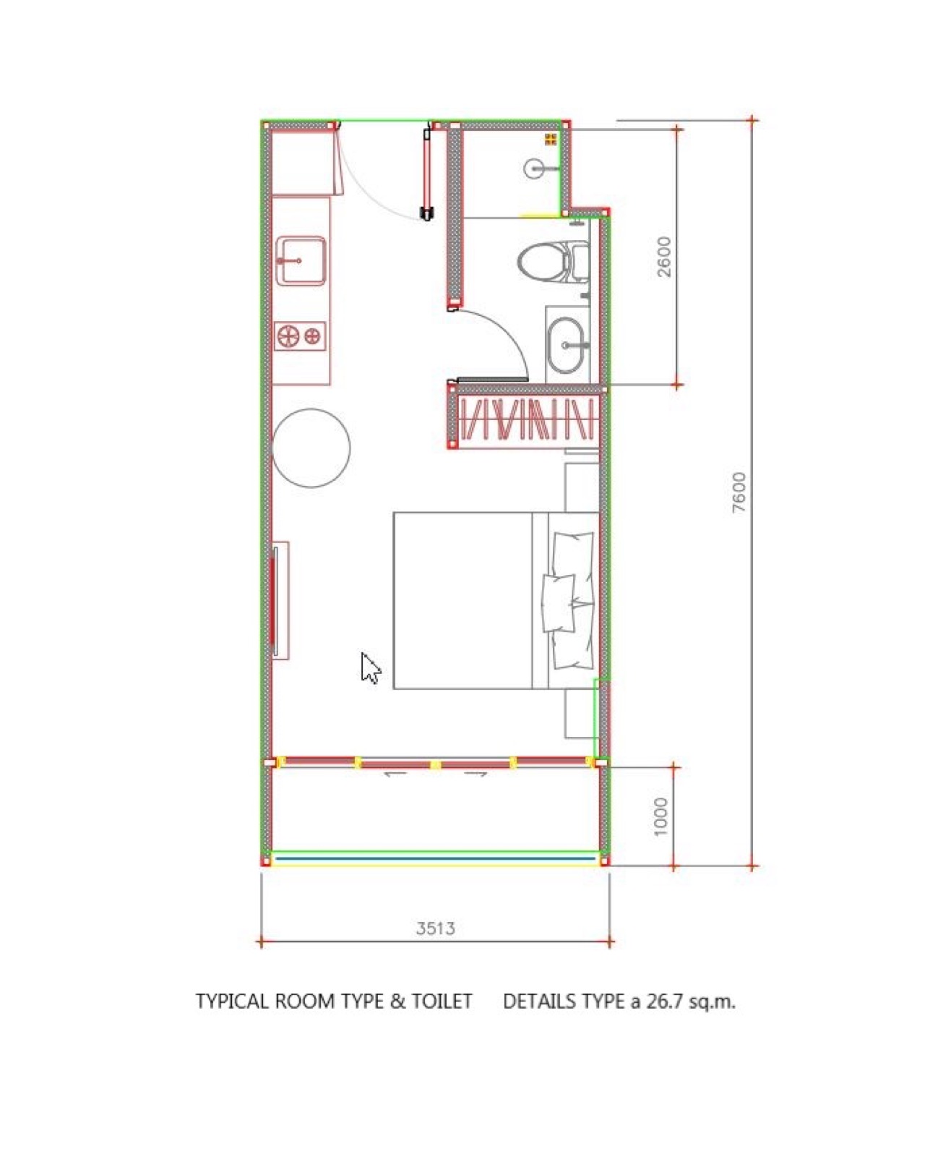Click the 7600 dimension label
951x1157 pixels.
point(739,492)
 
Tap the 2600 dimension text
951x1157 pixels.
point(664,257)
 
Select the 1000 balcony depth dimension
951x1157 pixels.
point(661,817)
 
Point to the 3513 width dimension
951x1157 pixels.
point(436,928)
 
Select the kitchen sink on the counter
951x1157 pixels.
point(301,261)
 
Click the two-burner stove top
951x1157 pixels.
point(301,336)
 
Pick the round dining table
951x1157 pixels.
point(311,448)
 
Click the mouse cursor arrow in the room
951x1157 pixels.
point(370,667)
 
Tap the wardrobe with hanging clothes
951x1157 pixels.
point(528,419)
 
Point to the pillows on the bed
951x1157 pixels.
point(569,601)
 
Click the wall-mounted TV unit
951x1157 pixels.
point(280,600)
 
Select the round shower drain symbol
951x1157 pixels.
point(535,168)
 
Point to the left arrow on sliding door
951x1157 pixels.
point(395,774)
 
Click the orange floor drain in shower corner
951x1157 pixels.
point(551,139)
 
